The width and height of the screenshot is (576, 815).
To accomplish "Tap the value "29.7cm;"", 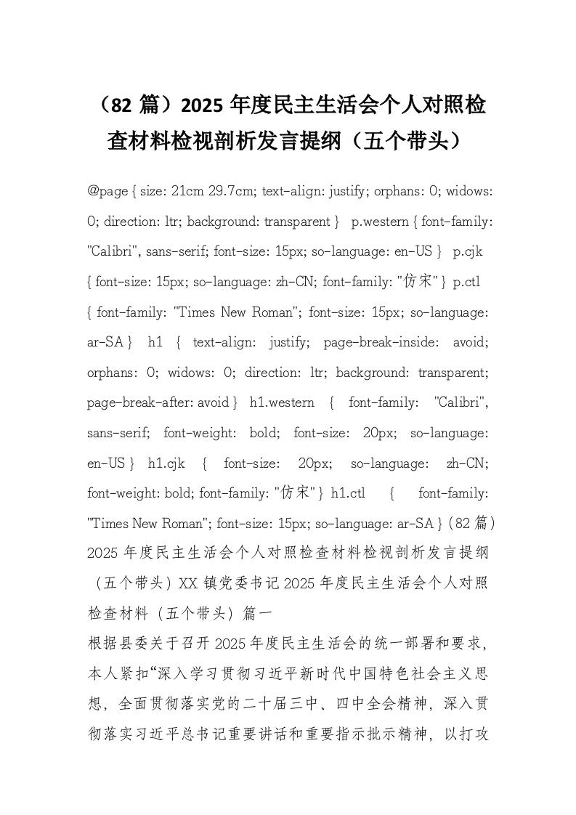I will click(232, 191).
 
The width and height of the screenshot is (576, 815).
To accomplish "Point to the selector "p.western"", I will click(375, 221).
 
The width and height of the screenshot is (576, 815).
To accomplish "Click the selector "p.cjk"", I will click(468, 251).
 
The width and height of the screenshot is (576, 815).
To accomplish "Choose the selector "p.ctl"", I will click(466, 281).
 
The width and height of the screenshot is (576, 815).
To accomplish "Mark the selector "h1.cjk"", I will click(166, 463).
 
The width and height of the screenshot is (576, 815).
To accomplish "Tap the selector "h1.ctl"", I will click(348, 493).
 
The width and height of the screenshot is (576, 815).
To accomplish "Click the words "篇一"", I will click(259, 614).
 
